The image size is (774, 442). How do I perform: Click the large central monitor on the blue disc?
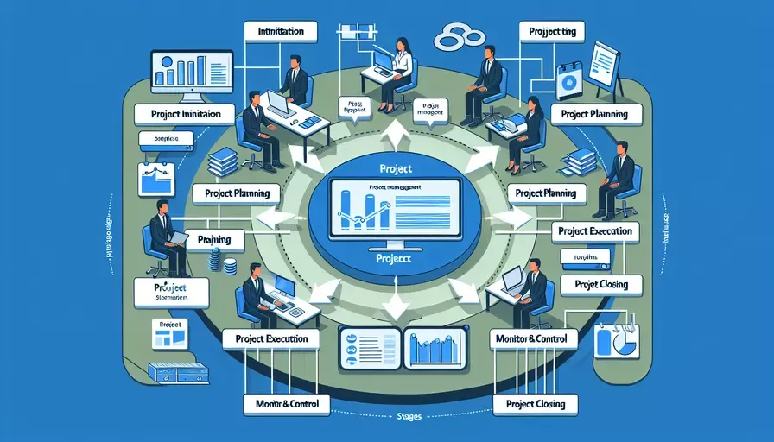[x=394, y=208]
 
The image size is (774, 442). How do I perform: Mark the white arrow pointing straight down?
[x=394, y=304]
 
